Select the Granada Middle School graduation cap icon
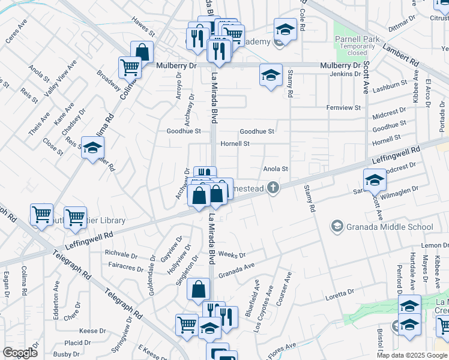337,226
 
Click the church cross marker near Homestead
273,188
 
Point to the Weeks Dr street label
230,254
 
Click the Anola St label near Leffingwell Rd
276,169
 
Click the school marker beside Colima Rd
92,147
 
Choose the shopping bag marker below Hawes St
142,52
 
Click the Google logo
20,353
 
